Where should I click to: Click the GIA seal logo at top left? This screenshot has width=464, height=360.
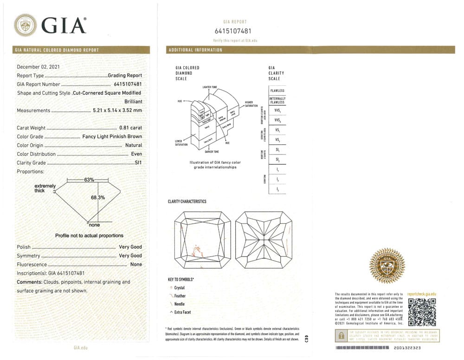[25, 25]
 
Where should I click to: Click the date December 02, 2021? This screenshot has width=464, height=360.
[38, 67]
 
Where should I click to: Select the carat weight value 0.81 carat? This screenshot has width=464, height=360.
[130, 128]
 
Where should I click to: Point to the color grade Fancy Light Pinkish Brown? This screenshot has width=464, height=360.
[112, 136]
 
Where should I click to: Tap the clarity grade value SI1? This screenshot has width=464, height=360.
[138, 163]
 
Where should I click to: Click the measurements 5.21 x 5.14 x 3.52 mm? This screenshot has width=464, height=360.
[115, 110]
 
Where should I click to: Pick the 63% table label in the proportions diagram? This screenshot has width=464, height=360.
[90, 180]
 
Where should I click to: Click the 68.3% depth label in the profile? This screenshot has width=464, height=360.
[97, 198]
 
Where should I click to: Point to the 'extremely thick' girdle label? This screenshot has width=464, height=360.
[45, 188]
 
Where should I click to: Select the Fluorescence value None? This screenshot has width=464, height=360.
[136, 264]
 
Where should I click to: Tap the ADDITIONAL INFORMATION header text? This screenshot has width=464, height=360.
[195, 50]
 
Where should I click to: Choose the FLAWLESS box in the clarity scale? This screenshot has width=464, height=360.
[277, 90]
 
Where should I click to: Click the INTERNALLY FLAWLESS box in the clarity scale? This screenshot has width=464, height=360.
[277, 100]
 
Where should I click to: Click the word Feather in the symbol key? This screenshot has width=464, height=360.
[180, 296]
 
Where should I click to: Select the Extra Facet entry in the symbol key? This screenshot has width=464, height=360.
[182, 312]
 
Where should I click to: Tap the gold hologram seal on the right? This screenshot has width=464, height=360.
[387, 265]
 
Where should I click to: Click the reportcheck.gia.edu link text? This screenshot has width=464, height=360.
[422, 294]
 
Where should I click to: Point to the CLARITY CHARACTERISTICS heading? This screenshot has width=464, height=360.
[187, 202]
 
